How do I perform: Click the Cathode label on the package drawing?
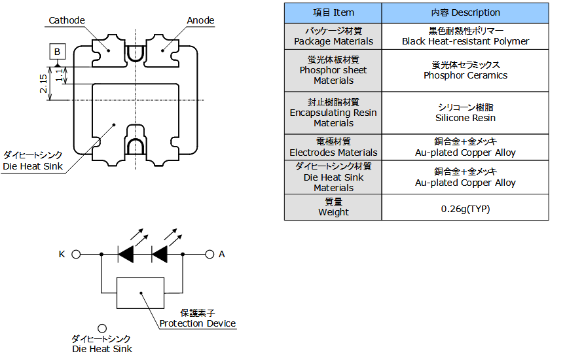67,20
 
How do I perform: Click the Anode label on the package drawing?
200,20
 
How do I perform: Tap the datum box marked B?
57,51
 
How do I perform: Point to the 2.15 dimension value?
44,83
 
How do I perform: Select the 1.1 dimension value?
59,75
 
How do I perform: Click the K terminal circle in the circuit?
76,254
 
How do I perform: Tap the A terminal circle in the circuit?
210,254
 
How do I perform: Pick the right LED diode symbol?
160,254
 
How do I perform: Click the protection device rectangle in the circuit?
140,293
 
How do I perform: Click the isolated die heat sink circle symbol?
102,329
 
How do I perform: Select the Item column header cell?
333,12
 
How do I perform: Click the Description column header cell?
465,12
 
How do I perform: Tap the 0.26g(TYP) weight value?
465,209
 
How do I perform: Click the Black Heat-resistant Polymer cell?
465,36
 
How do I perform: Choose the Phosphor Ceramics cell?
465,70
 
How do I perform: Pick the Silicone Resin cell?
465,113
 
